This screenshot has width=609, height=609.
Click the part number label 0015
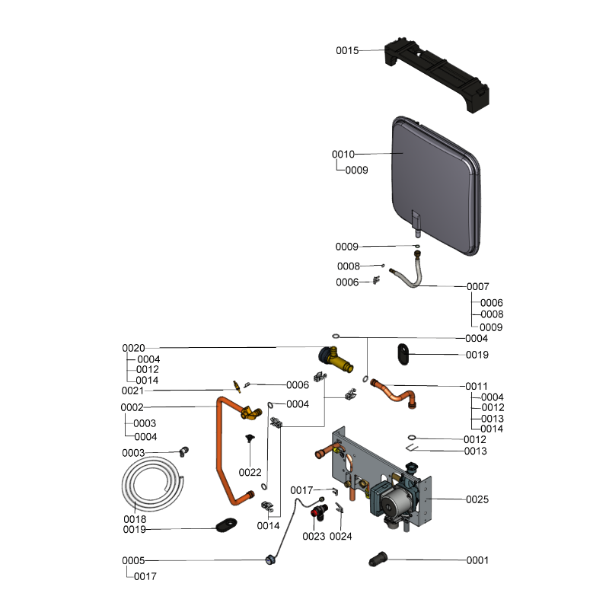347,50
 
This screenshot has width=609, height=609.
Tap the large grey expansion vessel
436,186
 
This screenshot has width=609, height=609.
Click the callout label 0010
343,155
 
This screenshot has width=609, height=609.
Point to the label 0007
478,287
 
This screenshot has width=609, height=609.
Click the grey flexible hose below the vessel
409,271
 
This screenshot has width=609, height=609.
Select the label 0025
477,499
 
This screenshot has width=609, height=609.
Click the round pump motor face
392,504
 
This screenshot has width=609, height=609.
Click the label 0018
135,519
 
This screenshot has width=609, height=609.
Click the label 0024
340,537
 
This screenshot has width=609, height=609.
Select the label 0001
477,560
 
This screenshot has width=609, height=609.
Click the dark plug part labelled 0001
378,560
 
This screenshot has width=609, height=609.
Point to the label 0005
133,561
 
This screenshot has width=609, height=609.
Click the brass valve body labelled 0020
336,359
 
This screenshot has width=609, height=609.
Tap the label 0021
132,391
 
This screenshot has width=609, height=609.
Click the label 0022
250,473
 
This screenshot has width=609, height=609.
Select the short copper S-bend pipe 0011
394,393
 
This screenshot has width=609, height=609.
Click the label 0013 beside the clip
475,451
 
